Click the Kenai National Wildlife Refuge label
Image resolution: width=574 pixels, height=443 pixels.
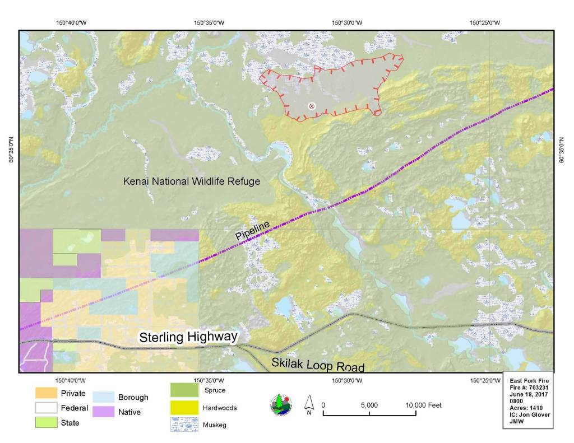(x=192, y=181)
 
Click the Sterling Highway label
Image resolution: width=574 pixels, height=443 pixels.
(x=188, y=337)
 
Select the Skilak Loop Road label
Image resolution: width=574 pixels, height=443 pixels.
(x=318, y=364)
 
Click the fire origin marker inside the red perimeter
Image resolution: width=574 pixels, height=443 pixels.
(x=312, y=106)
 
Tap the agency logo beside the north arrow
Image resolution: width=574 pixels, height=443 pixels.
(x=281, y=405)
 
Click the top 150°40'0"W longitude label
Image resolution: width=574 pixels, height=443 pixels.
(x=71, y=23)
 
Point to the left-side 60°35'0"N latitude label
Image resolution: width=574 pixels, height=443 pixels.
(x=11, y=151)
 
